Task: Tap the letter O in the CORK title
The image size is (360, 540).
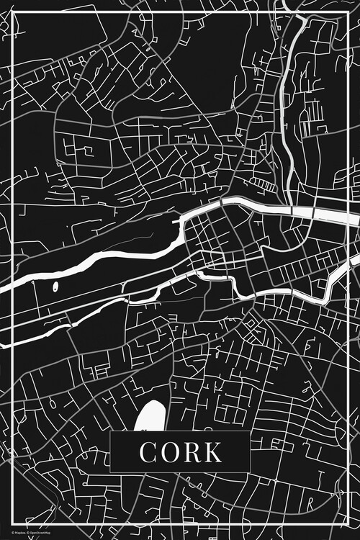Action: coord(170,452)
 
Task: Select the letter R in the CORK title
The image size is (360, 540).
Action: coord(192,452)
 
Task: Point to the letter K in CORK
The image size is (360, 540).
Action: coord(212,452)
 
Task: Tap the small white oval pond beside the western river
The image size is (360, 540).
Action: coord(55,289)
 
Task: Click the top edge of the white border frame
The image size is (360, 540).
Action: coord(180,12)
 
